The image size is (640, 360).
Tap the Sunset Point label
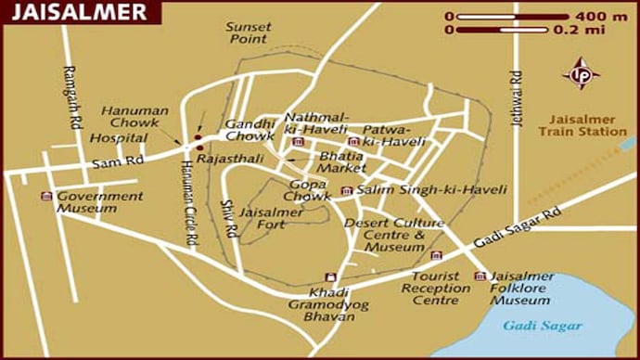(x=249, y=33)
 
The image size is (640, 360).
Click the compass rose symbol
(x=582, y=73)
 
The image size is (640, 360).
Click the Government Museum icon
(x=46, y=196)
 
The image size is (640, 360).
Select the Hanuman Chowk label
(x=135, y=117)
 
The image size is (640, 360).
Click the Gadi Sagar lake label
(x=543, y=326)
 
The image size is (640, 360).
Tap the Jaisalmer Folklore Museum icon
(x=480, y=276)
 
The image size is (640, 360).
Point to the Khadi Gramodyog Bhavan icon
(x=328, y=276)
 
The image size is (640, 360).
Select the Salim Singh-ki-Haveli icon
(x=347, y=190)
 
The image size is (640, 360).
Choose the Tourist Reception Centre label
(x=441, y=288)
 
